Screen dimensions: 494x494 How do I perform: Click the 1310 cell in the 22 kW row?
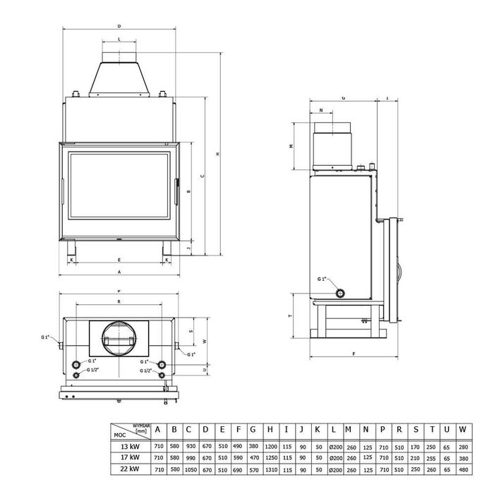click(271, 469)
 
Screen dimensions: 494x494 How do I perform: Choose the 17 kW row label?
click(129, 458)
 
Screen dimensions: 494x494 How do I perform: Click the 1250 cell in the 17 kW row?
click(271, 458)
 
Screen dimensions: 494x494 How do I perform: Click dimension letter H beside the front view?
click(217, 155)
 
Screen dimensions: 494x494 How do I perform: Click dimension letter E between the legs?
click(119, 260)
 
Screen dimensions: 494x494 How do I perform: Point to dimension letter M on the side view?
click(291, 146)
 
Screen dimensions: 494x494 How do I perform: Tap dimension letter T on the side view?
click(292, 317)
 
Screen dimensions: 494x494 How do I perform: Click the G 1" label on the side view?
click(323, 279)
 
